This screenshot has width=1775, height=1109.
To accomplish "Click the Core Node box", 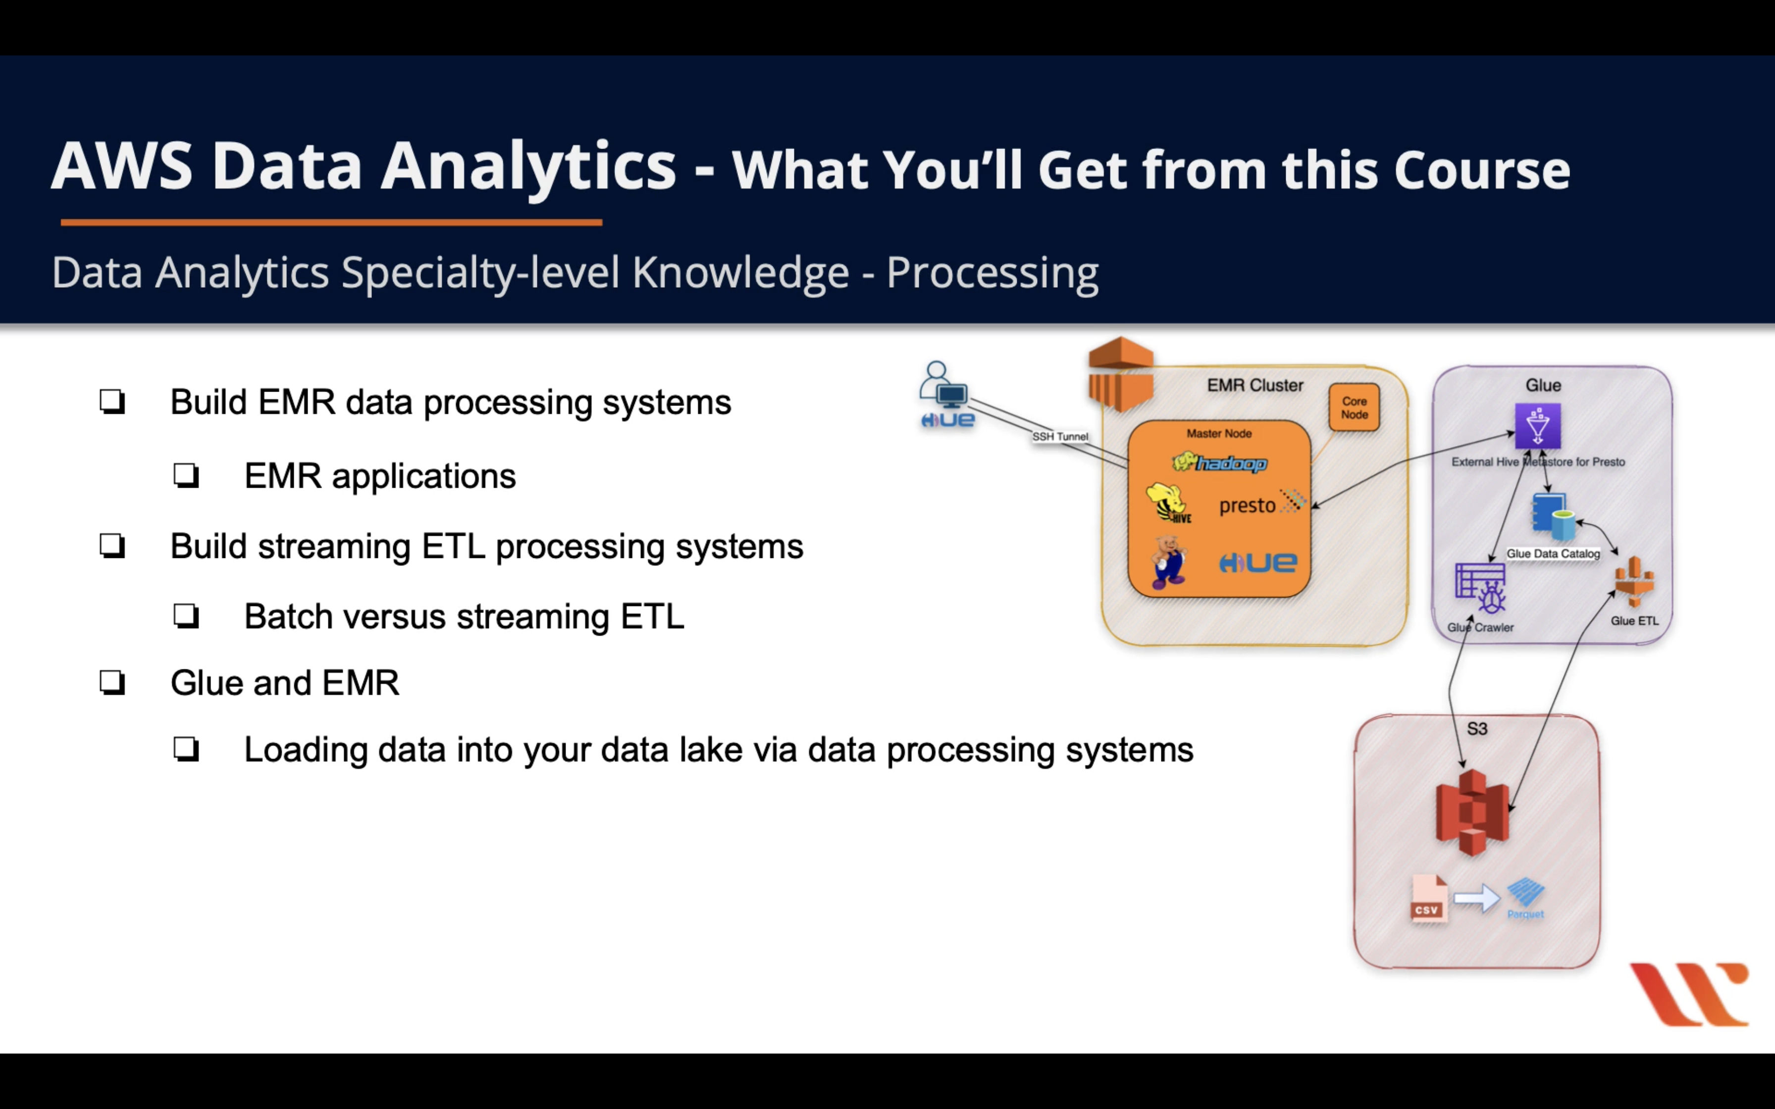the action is [1354, 408].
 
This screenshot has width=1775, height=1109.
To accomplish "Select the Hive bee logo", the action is [1168, 503].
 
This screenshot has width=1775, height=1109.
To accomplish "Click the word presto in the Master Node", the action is [1247, 505].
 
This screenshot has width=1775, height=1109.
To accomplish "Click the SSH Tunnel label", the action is [1060, 436].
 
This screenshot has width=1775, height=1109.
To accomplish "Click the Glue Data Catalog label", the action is [1553, 554].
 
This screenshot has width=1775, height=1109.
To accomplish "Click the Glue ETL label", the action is [1634, 620].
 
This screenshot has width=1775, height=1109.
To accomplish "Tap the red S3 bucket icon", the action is [1472, 812].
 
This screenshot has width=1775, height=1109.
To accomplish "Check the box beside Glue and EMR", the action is [112, 683].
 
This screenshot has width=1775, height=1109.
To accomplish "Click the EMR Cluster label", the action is [1255, 386].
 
